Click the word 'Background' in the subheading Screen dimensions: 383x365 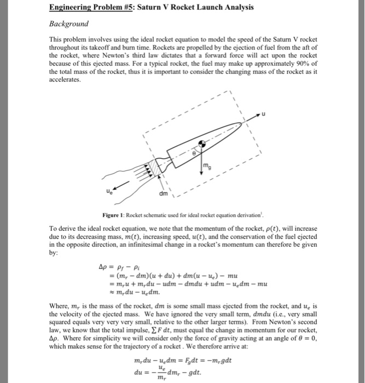click(x=69, y=25)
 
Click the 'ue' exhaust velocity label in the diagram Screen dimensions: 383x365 click(x=99, y=192)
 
